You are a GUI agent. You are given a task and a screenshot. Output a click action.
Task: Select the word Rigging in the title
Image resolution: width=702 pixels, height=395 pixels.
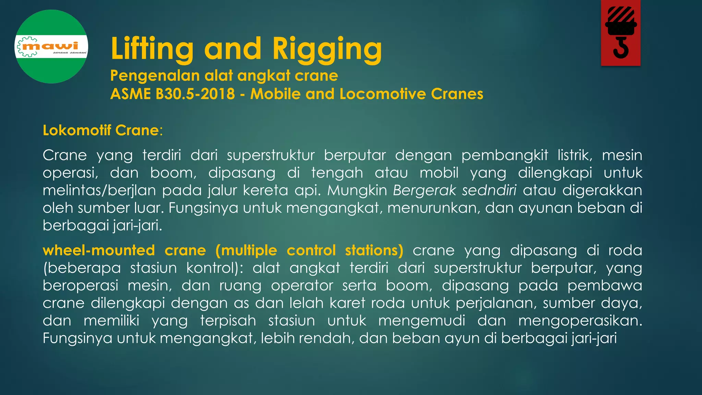click(x=327, y=49)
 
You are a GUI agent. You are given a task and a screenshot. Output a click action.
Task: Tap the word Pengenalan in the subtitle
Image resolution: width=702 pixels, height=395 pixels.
click(x=155, y=76)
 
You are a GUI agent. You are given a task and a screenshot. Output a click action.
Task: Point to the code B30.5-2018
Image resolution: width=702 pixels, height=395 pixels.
click(x=195, y=94)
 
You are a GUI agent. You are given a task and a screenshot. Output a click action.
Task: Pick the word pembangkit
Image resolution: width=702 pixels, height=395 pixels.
click(x=505, y=155)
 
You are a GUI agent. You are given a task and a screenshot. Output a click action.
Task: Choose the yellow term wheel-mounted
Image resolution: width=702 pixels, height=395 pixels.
click(x=99, y=250)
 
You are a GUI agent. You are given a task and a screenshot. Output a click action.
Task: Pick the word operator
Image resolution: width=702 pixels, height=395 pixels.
click(x=302, y=286)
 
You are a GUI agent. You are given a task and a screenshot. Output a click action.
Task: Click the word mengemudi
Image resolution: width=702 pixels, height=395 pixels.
click(x=422, y=321)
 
